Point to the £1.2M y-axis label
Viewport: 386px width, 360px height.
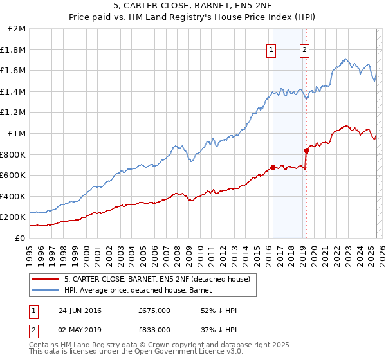click(x=14, y=113)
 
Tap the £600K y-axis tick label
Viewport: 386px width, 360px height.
click(x=13, y=175)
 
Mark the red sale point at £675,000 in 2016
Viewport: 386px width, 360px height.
click(x=273, y=167)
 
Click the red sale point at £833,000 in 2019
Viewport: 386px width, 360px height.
click(x=306, y=150)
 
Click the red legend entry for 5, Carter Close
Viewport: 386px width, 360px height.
click(x=161, y=279)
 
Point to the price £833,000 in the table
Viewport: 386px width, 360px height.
click(x=154, y=329)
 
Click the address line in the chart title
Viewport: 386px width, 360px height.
click(x=192, y=8)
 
